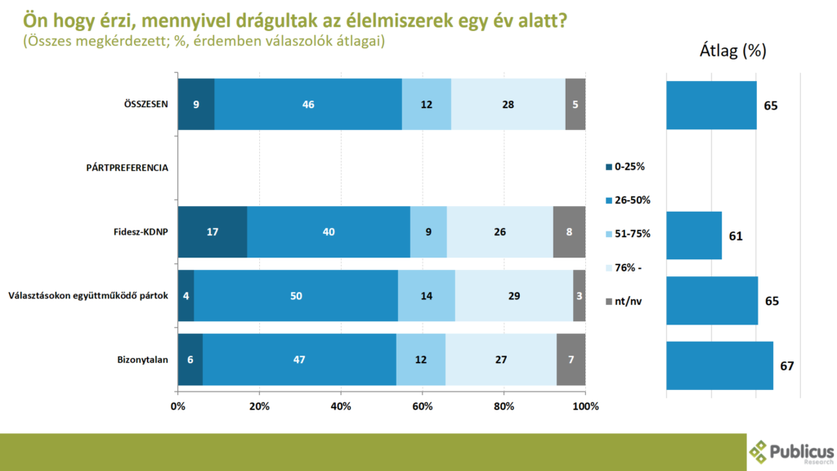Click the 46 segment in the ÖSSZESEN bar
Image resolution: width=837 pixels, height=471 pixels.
pos(308,104)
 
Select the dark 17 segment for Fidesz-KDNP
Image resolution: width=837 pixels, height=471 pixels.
pos(212,231)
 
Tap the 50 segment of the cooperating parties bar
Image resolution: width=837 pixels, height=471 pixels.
pos(296,296)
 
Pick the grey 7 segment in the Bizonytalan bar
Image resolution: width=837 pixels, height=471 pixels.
pos(571,360)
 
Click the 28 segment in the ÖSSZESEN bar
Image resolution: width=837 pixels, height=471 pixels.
pos(508,104)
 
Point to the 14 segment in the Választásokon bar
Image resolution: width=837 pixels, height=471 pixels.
pos(426,296)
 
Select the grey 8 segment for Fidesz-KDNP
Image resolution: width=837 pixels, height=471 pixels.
pos(569,231)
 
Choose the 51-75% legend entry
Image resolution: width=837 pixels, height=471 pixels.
pos(632,234)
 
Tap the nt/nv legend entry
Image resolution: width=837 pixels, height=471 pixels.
pos(627,302)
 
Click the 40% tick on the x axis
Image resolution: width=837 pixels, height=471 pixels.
pos(341,406)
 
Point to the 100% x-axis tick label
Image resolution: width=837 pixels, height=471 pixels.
pos(585,406)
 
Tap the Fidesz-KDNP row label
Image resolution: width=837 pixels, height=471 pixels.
pos(139,231)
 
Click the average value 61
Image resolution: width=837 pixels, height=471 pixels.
pos(736,235)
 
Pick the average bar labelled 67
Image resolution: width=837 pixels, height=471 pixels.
pos(719,366)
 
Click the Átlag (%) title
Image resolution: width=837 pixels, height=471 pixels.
pos(732,51)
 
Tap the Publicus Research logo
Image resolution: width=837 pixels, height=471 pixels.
pos(791,451)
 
